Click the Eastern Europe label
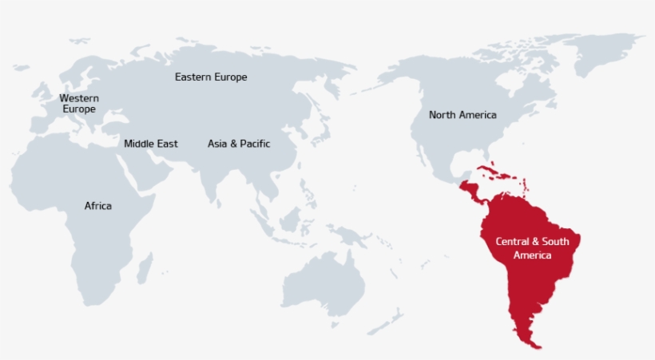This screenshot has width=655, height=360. [x=211, y=77]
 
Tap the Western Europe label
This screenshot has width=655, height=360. [x=79, y=103]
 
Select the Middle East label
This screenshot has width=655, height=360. [x=151, y=144]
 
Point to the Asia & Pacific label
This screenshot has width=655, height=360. [x=239, y=144]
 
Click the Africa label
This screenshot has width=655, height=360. [x=98, y=206]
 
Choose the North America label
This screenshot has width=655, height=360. [x=462, y=115]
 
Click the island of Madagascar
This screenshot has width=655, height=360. [x=145, y=267]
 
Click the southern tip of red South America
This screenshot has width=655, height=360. [x=534, y=345]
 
